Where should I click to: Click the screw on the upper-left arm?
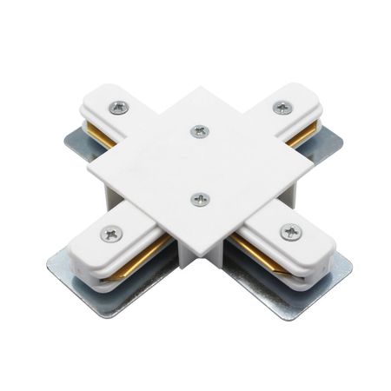(x=119, y=107)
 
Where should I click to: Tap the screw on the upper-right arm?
(x=282, y=108)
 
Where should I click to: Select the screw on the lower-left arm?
(x=111, y=233)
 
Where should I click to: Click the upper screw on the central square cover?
(x=199, y=131)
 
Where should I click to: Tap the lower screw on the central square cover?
(x=201, y=199)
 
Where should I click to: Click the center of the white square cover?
(x=199, y=165)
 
